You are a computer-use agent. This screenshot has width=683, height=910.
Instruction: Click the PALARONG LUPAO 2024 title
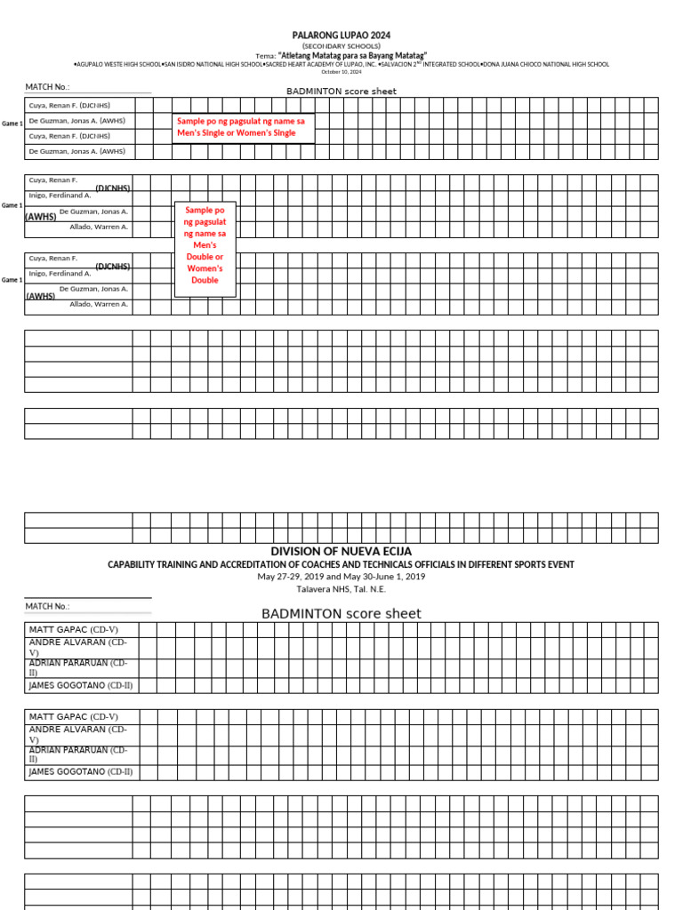coord(341,35)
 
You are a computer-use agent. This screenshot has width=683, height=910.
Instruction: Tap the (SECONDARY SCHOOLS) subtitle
coord(341,45)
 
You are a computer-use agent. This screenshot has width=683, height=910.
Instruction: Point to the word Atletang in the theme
coord(302,55)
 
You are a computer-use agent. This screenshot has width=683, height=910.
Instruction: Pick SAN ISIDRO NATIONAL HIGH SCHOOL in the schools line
coord(213,64)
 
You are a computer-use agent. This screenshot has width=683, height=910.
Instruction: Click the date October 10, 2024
coord(341,72)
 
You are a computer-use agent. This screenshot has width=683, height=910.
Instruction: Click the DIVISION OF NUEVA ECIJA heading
coord(341,551)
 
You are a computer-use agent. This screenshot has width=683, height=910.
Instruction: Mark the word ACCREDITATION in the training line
coord(250,564)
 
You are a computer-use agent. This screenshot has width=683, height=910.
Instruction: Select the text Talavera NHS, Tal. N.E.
coord(341,588)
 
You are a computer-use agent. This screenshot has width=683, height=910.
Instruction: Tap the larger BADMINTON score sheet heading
coord(341,613)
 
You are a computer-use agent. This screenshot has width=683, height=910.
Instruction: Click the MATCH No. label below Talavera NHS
coord(47,606)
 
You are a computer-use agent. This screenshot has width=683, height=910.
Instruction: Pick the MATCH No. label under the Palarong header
coord(47,87)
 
